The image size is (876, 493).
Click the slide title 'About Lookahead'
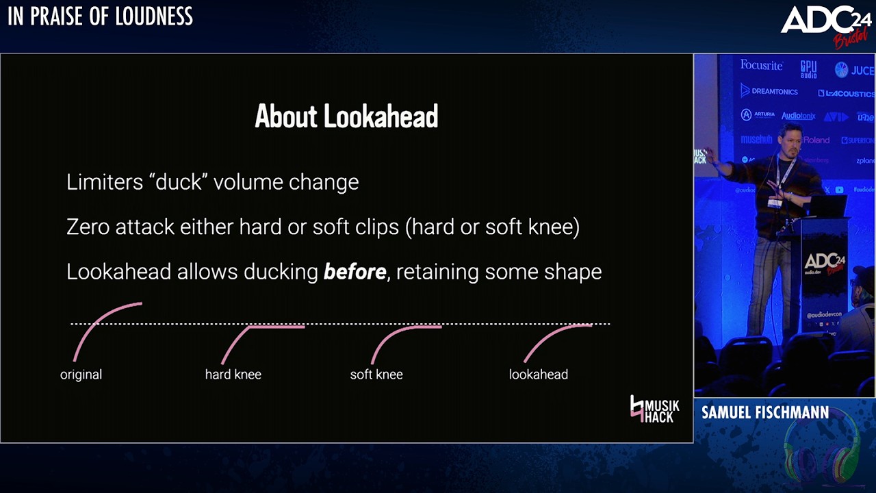(x=346, y=116)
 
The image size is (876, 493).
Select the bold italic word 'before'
(x=355, y=272)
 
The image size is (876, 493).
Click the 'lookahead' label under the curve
(x=538, y=375)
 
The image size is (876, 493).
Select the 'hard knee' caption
(x=233, y=375)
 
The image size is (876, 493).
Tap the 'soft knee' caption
(x=376, y=375)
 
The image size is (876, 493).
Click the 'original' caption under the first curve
(x=81, y=375)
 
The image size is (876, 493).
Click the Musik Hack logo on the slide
(x=654, y=409)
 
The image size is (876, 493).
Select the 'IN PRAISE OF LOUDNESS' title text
(x=100, y=16)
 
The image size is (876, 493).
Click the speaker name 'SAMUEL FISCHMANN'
(x=764, y=412)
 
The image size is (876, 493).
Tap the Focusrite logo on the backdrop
(x=761, y=65)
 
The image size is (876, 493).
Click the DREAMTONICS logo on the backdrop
(x=769, y=91)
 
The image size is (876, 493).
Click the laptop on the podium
(x=825, y=205)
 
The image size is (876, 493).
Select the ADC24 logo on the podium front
(x=823, y=263)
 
